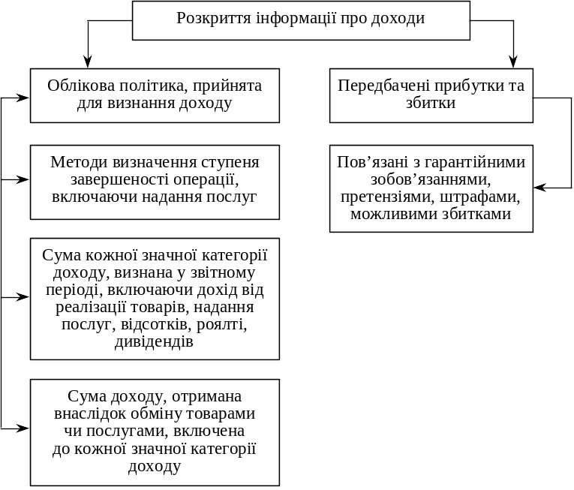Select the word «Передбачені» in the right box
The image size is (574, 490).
click(383, 86)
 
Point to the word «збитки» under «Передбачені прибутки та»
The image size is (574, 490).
click(431, 103)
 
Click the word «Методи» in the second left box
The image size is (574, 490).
click(79, 162)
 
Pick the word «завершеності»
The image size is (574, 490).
click(120, 180)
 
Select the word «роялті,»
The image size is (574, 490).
click(222, 325)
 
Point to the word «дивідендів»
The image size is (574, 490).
click(154, 341)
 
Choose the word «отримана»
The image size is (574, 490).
click(207, 397)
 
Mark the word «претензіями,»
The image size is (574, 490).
click(388, 197)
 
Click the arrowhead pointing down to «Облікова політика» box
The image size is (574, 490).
click(88, 62)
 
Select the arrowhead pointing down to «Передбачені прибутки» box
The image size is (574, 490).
click(513, 62)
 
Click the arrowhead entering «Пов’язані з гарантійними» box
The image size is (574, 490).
click(540, 188)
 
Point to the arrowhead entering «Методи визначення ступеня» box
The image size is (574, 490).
click(23, 179)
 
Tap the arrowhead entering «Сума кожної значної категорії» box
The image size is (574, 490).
click(23, 297)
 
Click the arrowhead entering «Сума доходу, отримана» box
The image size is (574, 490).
click(23, 428)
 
